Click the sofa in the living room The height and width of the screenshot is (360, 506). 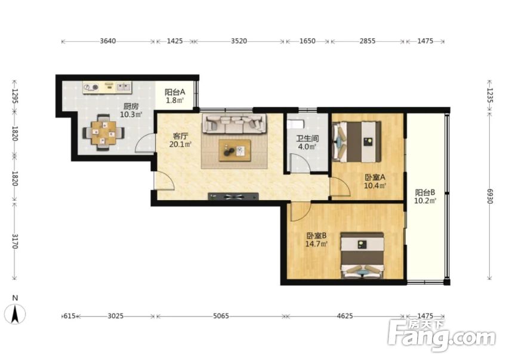(x=235, y=124)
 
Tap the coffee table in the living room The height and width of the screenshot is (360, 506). (x=235, y=150)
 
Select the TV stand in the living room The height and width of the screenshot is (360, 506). (x=233, y=196)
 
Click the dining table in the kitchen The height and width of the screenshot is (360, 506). (x=103, y=133)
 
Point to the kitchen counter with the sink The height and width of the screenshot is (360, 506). (x=107, y=87)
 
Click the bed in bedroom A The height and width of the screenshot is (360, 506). (x=357, y=141)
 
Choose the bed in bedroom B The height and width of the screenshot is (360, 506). (x=362, y=256)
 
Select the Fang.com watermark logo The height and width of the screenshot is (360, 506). (x=442, y=336)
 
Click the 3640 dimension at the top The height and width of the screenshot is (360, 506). (x=108, y=41)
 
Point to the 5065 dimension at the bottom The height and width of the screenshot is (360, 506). (x=221, y=316)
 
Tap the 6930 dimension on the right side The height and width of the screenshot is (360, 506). (x=490, y=196)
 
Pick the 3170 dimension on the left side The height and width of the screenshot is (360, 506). (x=14, y=241)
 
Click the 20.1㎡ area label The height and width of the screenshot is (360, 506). (x=180, y=144)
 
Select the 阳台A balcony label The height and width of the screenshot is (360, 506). (x=175, y=92)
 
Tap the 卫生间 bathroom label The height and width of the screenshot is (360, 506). (x=307, y=139)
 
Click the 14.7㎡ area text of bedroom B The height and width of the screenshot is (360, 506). (x=317, y=244)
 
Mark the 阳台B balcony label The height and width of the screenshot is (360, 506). (x=425, y=193)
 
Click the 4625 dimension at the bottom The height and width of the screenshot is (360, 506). (x=345, y=316)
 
